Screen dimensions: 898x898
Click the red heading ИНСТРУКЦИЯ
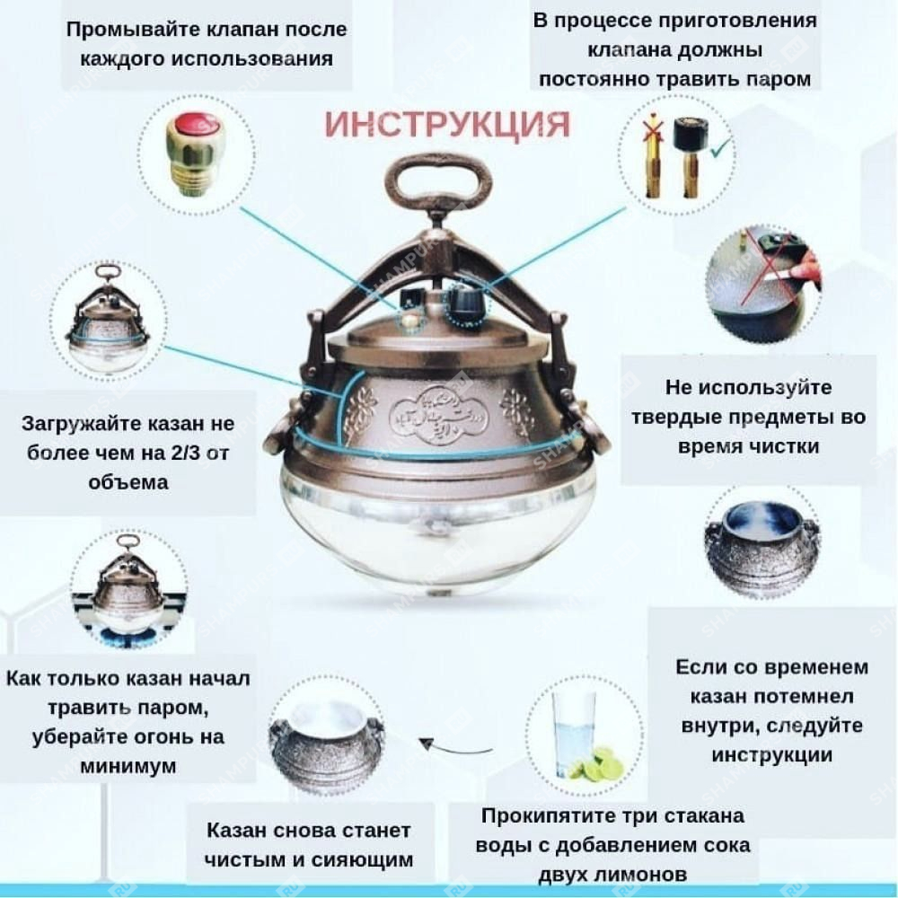447,124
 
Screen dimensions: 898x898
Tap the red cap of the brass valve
195,124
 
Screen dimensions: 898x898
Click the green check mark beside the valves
720,148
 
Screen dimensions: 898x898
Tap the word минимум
128,766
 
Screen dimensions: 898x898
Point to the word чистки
786,446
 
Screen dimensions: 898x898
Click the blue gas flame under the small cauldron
128,635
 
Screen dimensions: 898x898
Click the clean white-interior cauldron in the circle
327,744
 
